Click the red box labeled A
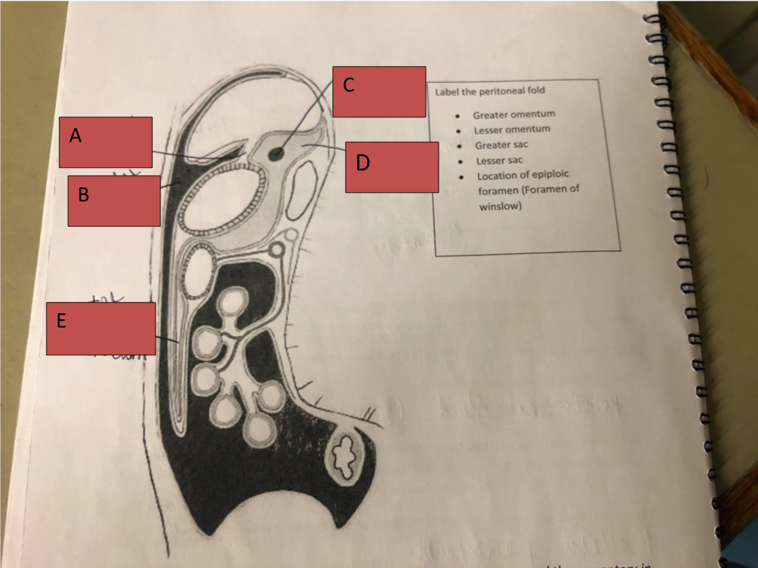pyautogui.click(x=105, y=142)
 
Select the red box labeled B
pyautogui.click(x=114, y=201)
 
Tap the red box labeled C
pyautogui.click(x=379, y=92)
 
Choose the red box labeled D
pyautogui.click(x=391, y=167)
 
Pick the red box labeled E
pyautogui.click(x=100, y=328)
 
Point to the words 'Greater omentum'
pyautogui.click(x=513, y=115)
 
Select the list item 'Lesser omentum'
pyautogui.click(x=511, y=129)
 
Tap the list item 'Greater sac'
pyautogui.click(x=501, y=145)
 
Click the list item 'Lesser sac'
pyautogui.click(x=499, y=160)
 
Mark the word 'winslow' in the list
pyautogui.click(x=500, y=207)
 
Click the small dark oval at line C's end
pyautogui.click(x=276, y=154)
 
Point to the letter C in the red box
pyautogui.click(x=348, y=85)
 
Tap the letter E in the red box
pyautogui.click(x=61, y=321)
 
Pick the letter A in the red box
pyautogui.click(x=75, y=136)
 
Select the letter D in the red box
pyautogui.click(x=362, y=163)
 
